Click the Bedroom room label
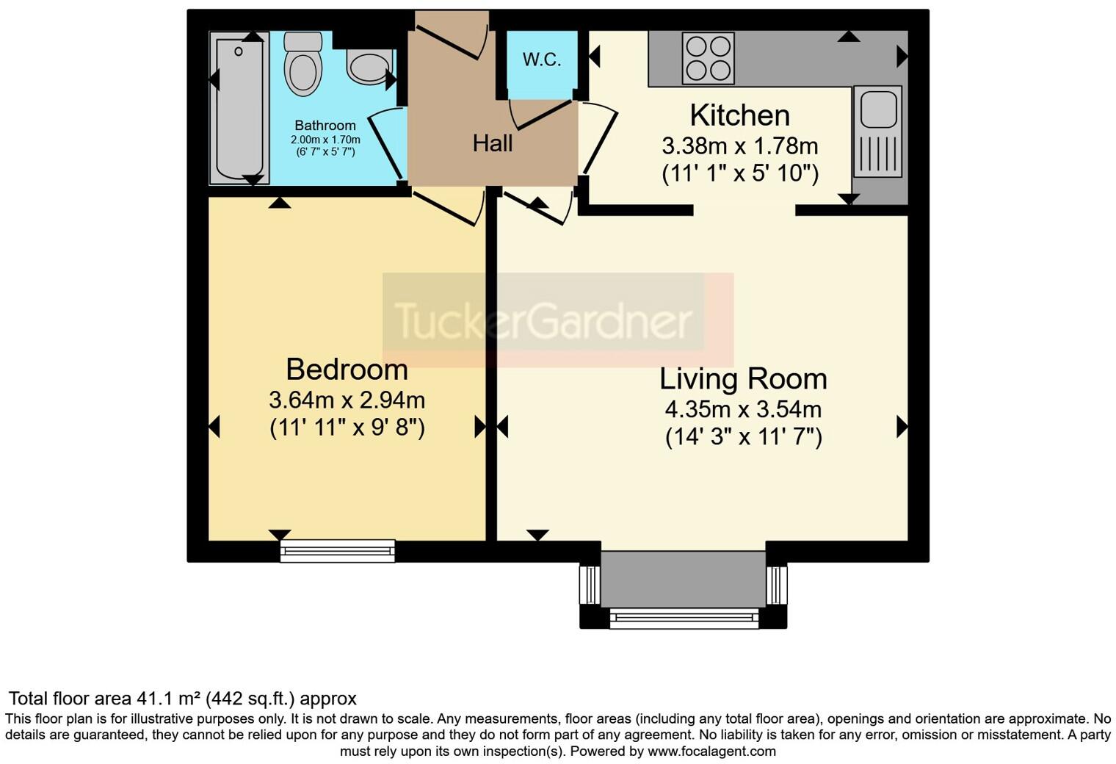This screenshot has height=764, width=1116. (347, 369)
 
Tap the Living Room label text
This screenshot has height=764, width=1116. (743, 378)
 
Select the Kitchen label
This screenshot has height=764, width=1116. (739, 115)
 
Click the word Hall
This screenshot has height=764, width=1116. (492, 143)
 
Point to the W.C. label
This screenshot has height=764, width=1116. (542, 60)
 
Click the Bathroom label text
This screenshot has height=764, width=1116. (325, 126)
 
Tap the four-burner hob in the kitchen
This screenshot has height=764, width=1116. (708, 58)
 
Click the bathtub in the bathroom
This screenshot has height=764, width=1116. (239, 108)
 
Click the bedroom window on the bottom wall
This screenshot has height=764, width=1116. (338, 551)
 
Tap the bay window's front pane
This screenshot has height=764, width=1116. (684, 619)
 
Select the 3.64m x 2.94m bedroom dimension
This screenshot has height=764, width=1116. (347, 400)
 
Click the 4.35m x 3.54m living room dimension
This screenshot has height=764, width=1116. (743, 409)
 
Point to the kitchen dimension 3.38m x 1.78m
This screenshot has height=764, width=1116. (739, 146)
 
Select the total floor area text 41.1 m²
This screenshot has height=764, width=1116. (182, 699)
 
